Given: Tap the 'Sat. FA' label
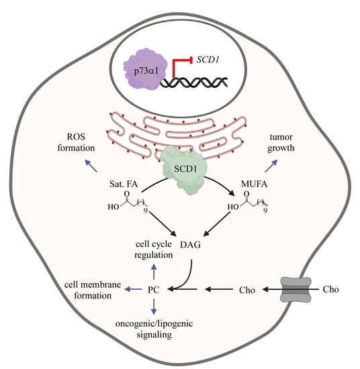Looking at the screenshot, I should pos(123,182).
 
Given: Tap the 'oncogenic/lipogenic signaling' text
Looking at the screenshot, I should pos(153,327).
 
